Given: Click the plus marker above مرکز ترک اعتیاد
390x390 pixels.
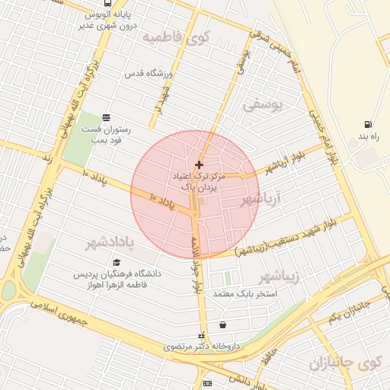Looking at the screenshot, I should (x=199, y=165).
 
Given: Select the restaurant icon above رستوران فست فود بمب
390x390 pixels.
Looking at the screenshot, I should (x=105, y=118).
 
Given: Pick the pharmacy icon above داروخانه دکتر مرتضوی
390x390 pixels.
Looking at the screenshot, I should (x=201, y=335).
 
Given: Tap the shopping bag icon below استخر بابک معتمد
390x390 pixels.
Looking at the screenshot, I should (x=222, y=325).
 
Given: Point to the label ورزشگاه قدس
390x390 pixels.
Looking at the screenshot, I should (x=149, y=74).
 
